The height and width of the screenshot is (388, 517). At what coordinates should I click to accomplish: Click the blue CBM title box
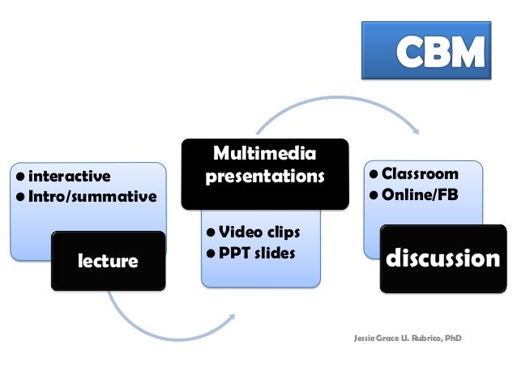(x=425, y=49)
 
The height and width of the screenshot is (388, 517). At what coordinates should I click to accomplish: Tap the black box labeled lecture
(x=108, y=261)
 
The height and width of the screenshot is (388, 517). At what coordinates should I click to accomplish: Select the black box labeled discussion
(x=442, y=260)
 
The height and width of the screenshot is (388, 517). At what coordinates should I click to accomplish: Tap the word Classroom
(x=420, y=173)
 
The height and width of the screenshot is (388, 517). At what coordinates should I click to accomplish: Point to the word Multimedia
(x=264, y=153)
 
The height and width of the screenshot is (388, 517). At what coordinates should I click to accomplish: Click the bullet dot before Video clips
(x=209, y=233)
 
